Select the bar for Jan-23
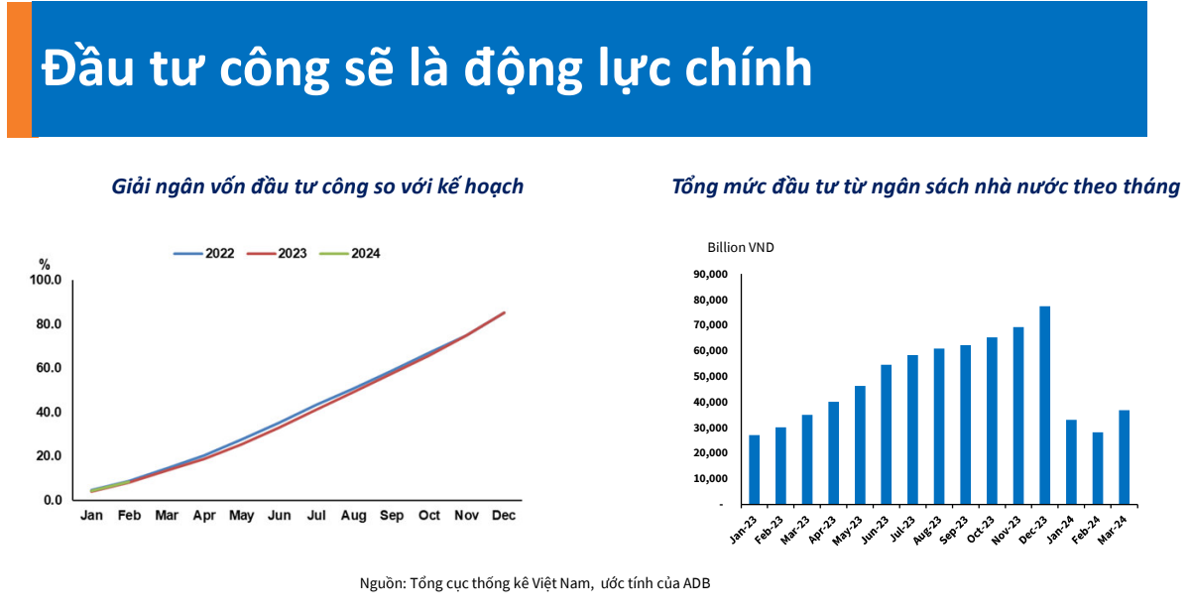coord(754,469)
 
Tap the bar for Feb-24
coord(1098,467)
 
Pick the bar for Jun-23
coord(886,434)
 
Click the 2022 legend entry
coord(203,254)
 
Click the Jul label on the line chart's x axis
coord(316,516)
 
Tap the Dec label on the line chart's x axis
coord(504,516)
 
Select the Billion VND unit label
coord(740,248)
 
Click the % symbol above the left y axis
coord(44,264)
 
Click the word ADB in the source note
coord(697,583)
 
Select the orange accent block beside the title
coord(19,68)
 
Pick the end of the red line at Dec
coord(505,312)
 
